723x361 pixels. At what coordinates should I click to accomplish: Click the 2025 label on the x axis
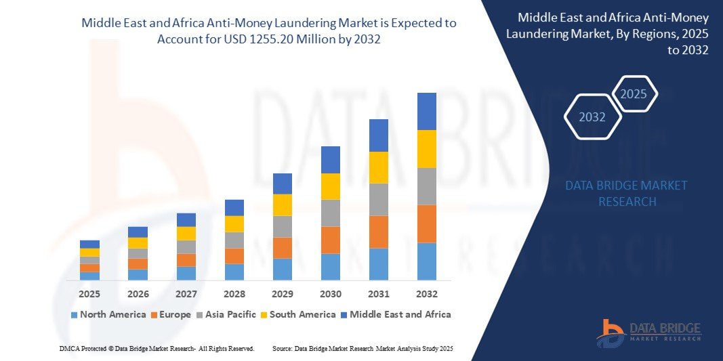(x=89, y=294)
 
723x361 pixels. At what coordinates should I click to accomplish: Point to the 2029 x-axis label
(x=283, y=294)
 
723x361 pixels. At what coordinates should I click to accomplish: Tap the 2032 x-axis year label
(x=427, y=294)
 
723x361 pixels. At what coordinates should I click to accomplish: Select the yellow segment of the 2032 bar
(x=427, y=149)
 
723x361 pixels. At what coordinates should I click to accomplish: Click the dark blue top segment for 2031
(x=379, y=135)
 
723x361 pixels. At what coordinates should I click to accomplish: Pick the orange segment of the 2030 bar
(x=331, y=240)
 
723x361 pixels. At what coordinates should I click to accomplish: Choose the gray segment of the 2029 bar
(x=283, y=226)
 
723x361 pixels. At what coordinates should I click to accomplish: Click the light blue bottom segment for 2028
(x=234, y=272)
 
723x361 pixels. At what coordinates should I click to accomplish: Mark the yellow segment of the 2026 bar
(x=138, y=243)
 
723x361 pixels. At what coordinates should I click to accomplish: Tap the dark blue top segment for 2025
(x=89, y=245)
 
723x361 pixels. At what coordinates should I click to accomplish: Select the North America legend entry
(x=108, y=314)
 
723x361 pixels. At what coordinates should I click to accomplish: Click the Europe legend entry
(x=171, y=314)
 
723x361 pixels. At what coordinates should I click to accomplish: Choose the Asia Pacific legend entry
(x=227, y=314)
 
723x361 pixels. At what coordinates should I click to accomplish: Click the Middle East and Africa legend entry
(x=396, y=314)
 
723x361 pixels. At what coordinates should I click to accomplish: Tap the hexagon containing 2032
(x=592, y=117)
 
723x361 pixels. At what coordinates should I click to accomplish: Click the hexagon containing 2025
(x=634, y=94)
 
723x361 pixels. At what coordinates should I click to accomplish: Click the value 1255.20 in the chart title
(x=294, y=39)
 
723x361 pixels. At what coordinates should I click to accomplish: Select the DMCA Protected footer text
(x=156, y=348)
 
